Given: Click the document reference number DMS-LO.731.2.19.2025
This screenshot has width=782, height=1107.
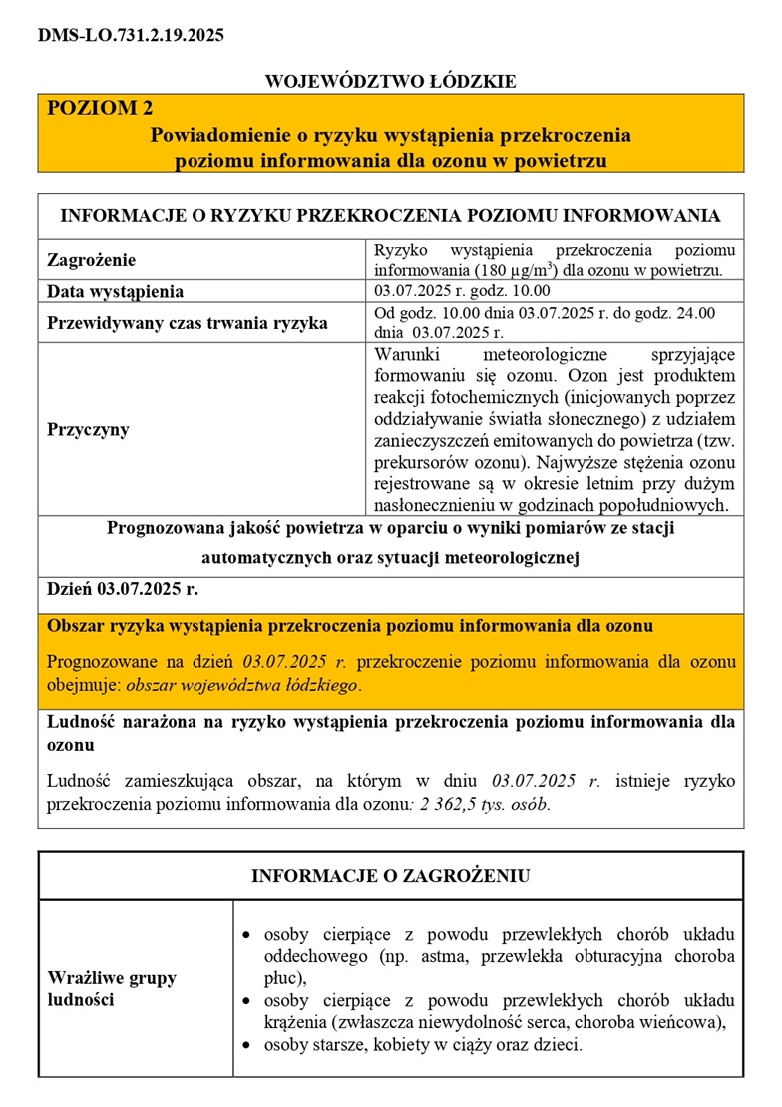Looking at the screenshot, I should [131, 35].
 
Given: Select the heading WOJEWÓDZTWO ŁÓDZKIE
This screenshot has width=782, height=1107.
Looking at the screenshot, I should [390, 81].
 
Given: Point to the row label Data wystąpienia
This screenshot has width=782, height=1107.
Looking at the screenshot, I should [116, 292].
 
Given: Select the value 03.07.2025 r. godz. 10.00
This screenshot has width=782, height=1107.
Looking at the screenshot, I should [462, 291].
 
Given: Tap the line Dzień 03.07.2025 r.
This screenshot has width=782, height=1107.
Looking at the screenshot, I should [123, 589].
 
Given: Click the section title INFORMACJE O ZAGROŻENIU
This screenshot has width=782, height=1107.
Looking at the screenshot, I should [390, 876].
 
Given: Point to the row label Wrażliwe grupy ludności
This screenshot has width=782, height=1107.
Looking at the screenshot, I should [112, 988].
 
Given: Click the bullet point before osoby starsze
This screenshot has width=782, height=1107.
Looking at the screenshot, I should [248, 1047].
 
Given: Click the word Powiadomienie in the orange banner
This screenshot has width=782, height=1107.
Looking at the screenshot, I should [217, 134].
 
